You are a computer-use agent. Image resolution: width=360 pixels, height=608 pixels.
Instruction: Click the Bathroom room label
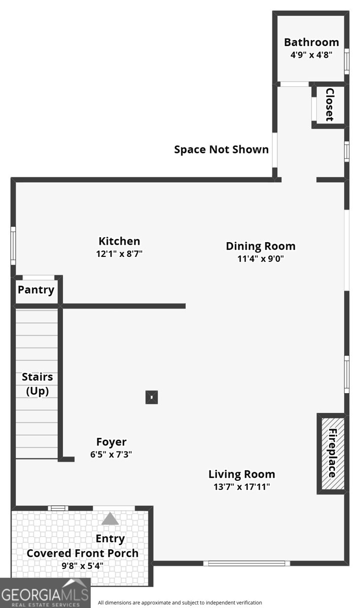[x=311, y=42]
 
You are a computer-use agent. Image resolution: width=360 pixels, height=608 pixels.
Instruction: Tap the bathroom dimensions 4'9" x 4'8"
[x=311, y=55]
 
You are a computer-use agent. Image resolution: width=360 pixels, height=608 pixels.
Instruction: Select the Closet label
[x=330, y=105]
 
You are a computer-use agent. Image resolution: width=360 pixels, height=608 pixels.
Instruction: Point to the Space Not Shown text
[x=221, y=149]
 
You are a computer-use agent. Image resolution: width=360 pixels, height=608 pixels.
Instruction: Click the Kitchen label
[x=119, y=241]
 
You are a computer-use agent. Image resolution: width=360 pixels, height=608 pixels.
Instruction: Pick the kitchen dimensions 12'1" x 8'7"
[x=119, y=254]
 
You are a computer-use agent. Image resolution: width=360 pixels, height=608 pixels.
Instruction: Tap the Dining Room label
[x=260, y=246]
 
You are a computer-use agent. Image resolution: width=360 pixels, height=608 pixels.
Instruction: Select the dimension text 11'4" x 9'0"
[x=260, y=259]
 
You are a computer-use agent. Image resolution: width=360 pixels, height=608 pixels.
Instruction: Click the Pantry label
[x=36, y=290]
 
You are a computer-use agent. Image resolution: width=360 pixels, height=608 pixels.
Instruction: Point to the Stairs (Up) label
[x=37, y=384]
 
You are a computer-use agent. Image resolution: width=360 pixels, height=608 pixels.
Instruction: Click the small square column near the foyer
[x=152, y=397]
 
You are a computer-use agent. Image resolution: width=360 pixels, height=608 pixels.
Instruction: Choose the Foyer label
[x=111, y=442]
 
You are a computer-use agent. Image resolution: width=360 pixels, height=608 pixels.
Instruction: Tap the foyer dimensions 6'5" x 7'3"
[x=111, y=454]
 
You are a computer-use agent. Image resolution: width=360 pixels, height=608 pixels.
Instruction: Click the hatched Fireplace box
[x=333, y=453]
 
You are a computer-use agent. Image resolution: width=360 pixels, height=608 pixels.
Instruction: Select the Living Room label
[x=241, y=474]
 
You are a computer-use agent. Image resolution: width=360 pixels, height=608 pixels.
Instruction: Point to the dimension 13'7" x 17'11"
[x=241, y=487]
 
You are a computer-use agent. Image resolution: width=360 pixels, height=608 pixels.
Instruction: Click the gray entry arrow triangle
[x=110, y=519]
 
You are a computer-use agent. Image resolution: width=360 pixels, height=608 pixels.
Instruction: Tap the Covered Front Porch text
[x=82, y=553]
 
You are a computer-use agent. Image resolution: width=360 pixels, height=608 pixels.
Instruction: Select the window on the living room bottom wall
[x=246, y=563]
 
